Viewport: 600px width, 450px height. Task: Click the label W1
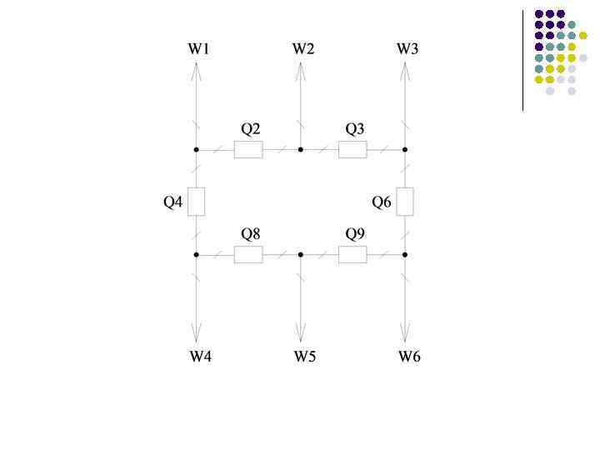click(198, 48)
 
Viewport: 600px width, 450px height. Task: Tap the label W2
click(303, 48)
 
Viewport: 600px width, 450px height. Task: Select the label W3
click(407, 48)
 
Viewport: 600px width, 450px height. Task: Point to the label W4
click(200, 357)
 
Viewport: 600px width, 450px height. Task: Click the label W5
click(304, 357)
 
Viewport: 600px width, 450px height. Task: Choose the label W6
click(409, 357)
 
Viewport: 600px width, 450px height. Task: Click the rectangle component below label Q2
click(248, 150)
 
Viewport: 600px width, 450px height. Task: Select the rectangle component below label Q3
click(352, 150)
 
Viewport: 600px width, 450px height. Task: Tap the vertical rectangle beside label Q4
click(197, 202)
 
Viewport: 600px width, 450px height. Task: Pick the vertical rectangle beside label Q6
click(405, 202)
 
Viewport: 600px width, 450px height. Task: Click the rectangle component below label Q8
click(248, 254)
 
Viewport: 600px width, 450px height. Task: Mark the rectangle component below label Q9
click(352, 254)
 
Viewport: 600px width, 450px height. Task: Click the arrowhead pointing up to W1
click(197, 71)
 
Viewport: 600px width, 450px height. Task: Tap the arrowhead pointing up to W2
click(301, 71)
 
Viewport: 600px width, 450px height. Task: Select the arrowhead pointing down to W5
click(301, 334)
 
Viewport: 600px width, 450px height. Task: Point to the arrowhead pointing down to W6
click(405, 334)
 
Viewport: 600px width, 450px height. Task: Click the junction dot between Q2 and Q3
click(301, 150)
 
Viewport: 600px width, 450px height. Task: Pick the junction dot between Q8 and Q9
click(301, 254)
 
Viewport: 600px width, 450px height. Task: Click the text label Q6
click(382, 202)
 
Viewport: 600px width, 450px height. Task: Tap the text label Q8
click(251, 233)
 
